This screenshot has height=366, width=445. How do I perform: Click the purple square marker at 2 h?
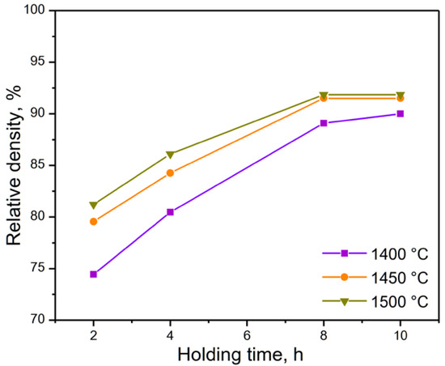click(x=94, y=274)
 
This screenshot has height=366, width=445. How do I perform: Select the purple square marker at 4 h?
click(x=170, y=212)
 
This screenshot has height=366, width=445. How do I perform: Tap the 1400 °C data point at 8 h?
click(x=324, y=123)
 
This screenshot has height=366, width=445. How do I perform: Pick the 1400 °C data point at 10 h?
click(x=400, y=113)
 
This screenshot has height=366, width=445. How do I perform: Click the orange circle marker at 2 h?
click(x=94, y=221)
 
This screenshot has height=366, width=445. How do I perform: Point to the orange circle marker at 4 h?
click(x=170, y=172)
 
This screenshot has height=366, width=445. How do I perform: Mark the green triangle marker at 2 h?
click(x=94, y=205)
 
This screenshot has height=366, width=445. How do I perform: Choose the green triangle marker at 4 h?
click(x=170, y=155)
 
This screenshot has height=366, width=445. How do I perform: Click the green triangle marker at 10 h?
click(x=400, y=96)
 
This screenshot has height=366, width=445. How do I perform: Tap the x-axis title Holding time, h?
click(x=247, y=354)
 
